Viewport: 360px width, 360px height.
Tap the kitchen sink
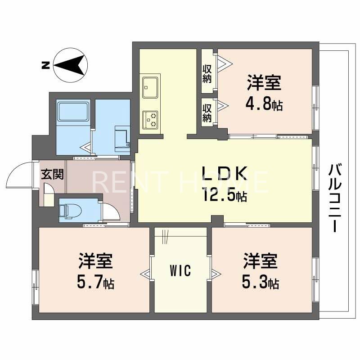click(150, 87)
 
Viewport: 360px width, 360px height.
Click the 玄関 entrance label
click(53, 174)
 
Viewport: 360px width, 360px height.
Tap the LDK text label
click(224, 174)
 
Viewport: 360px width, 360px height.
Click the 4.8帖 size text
click(264, 105)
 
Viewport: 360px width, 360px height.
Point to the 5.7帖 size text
click(95, 283)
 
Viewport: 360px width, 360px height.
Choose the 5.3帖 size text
click(261, 283)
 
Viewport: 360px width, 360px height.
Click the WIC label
click(180, 271)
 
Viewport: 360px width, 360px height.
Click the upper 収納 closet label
click(207, 74)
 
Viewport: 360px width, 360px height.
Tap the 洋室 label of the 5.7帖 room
click(95, 261)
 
